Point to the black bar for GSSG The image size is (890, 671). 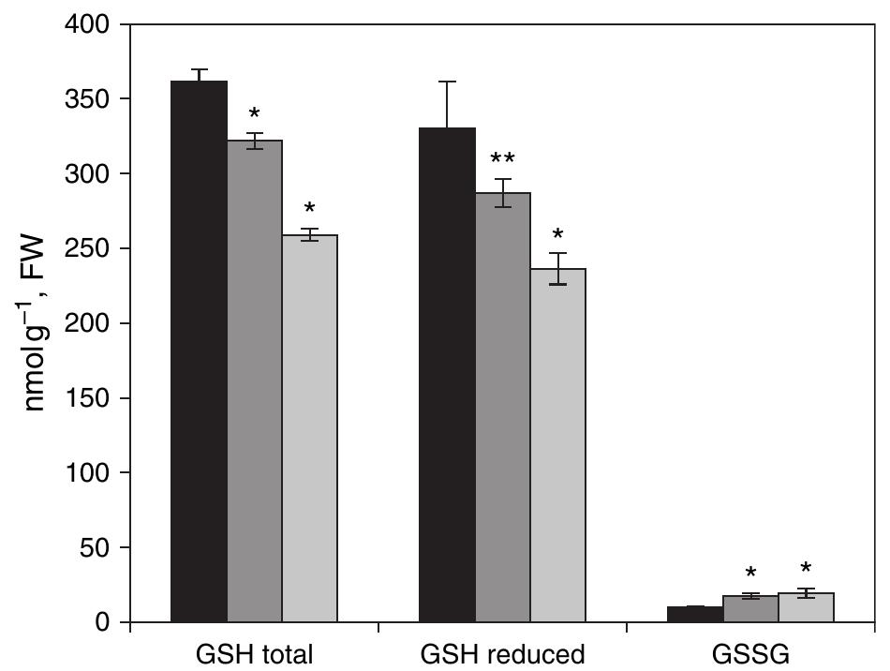[x=695, y=615]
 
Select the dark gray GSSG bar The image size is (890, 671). [x=750, y=610]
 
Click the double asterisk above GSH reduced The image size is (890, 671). [x=503, y=157]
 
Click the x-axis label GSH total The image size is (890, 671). [x=254, y=653]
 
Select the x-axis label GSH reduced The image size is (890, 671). [x=502, y=653]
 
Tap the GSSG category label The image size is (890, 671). [x=750, y=653]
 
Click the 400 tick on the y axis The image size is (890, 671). [x=91, y=24]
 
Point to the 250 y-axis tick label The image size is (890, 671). [x=91, y=248]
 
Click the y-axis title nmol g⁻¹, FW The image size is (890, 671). [x=37, y=323]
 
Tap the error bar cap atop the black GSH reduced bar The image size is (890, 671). [x=447, y=82]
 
